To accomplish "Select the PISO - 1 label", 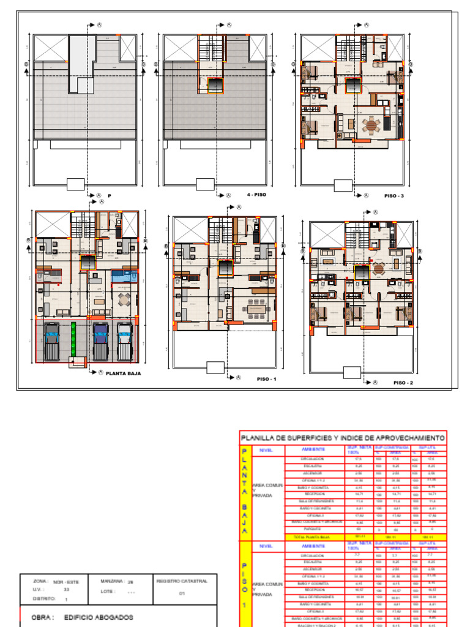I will pos(267,380).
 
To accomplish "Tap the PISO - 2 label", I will pos(403,383).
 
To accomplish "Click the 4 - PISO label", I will pos(256,195).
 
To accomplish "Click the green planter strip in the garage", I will pos(73,340).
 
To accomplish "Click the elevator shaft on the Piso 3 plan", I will pos(353,86).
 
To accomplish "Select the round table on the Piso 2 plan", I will pos(378,268).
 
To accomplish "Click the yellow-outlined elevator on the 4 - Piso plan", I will pos(215,85).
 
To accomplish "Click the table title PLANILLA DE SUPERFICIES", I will pos(343,438).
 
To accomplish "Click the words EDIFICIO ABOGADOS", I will pos(99,617).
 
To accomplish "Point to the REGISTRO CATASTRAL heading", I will pos(182,580).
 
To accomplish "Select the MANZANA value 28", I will pos(130,581).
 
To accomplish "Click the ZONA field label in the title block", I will pos(40,580).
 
